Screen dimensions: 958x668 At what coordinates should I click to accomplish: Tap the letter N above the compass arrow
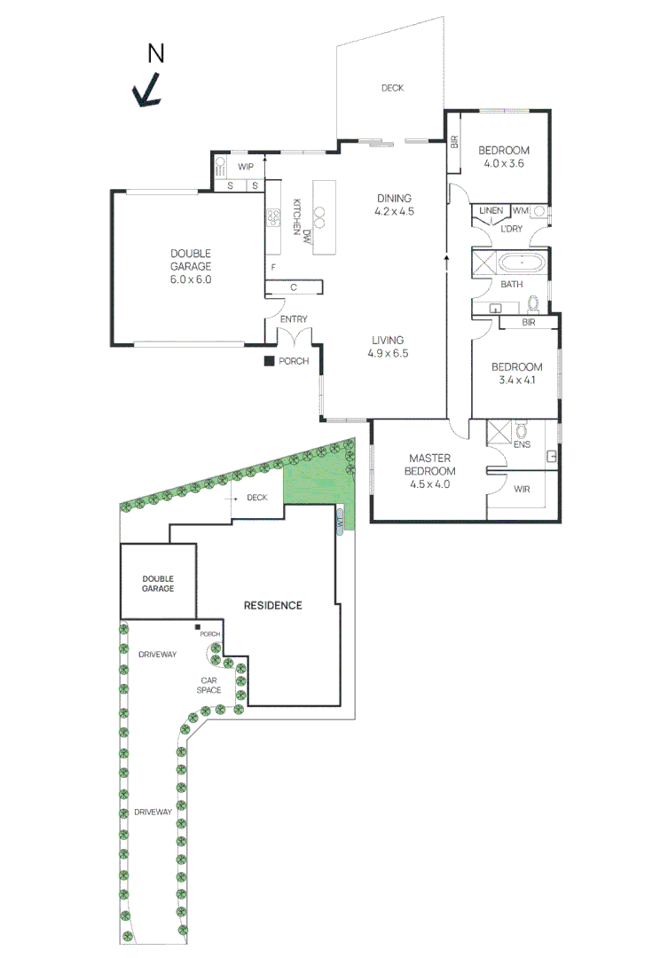click(x=156, y=54)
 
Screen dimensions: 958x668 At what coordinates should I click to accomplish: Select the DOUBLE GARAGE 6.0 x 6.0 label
click(x=191, y=266)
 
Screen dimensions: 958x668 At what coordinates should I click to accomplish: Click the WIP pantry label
click(x=245, y=167)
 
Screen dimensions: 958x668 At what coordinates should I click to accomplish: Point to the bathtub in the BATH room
click(x=522, y=263)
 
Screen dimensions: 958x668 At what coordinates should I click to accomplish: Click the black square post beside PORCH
click(x=268, y=361)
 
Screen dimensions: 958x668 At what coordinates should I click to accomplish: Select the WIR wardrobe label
click(x=523, y=489)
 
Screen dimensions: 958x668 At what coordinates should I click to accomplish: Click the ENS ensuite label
click(x=522, y=444)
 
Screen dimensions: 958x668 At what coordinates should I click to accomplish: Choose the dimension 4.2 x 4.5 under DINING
click(x=395, y=212)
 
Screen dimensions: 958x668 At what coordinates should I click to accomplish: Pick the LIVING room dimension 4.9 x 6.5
click(x=389, y=353)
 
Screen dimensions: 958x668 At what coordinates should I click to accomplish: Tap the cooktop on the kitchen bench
click(x=273, y=216)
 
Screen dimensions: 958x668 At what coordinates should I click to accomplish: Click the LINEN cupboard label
click(x=491, y=210)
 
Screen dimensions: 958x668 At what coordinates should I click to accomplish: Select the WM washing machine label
click(x=520, y=210)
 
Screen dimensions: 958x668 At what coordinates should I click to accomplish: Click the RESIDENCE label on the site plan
click(x=273, y=605)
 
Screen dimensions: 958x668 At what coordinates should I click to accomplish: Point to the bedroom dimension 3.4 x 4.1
click(x=516, y=381)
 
